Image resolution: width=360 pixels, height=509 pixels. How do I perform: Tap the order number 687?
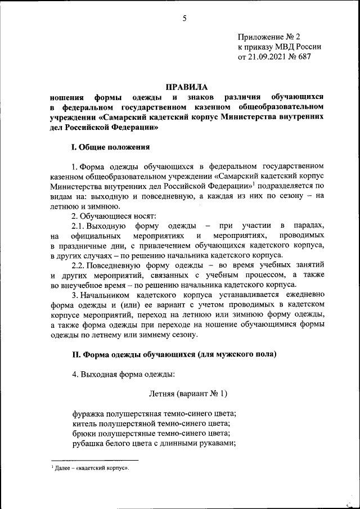(304, 57)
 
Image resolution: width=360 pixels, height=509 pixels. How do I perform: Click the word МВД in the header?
(282, 48)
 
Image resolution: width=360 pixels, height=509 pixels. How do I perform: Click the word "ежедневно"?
(303, 295)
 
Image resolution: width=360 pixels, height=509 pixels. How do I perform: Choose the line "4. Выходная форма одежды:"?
(123, 374)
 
